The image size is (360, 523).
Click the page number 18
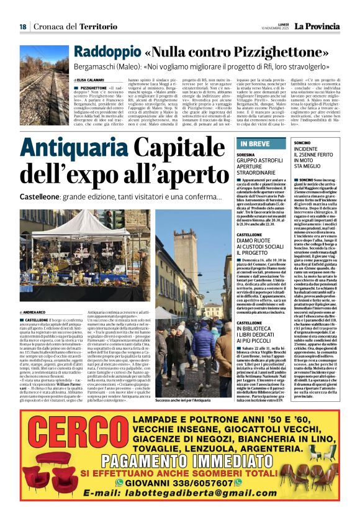coord(23,26)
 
